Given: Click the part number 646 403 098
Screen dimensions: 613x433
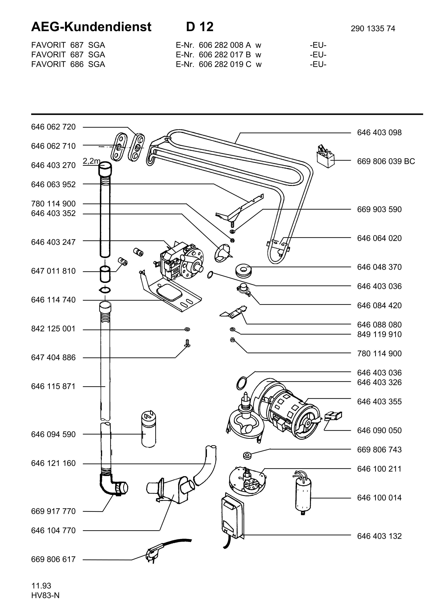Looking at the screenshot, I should tap(379, 132).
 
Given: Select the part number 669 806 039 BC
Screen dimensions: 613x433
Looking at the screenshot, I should tap(386, 161).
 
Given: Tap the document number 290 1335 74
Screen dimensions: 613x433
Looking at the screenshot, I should tap(373, 28).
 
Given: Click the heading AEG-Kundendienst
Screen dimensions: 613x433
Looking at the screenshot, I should tap(91, 27).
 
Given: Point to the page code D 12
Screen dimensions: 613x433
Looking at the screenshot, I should tap(200, 27).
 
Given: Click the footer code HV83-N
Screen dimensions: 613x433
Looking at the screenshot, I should tap(45, 595).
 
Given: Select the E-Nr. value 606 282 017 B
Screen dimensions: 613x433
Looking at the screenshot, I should tap(225, 55).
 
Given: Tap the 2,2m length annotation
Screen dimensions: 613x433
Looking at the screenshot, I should tap(91, 161).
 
